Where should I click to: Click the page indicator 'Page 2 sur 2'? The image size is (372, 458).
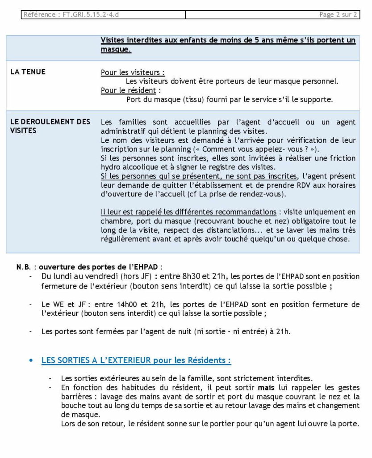(338, 15)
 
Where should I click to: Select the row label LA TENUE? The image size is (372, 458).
(28, 72)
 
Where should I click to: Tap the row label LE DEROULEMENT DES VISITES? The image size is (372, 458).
(50, 126)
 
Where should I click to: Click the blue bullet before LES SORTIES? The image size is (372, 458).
(31, 360)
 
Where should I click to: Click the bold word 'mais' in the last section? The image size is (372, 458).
(265, 387)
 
